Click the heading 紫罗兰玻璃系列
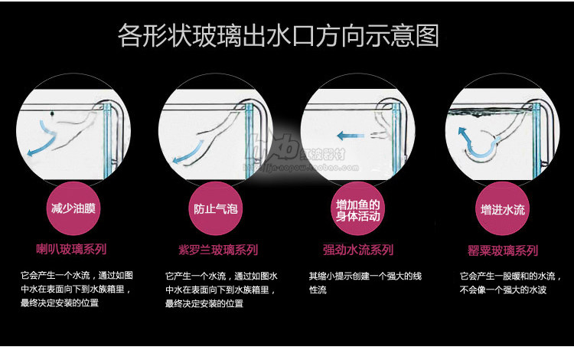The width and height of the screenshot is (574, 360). coord(217,250)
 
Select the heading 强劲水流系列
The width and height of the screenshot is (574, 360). coord(358,250)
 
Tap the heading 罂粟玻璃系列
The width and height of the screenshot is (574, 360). coord(503,250)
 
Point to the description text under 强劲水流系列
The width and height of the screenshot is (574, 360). coord(360,282)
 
